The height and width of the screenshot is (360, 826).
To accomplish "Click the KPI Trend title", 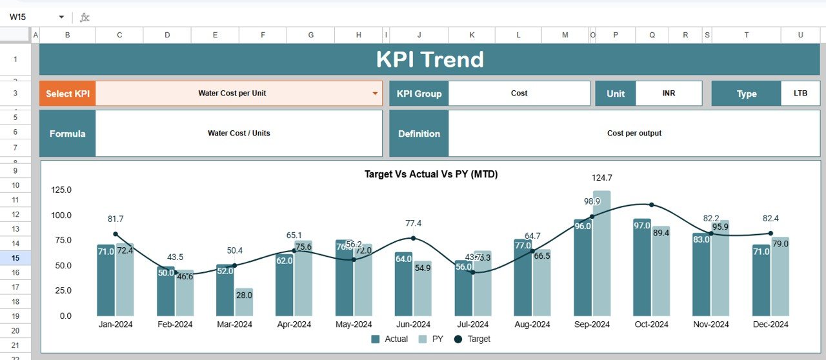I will click(430, 59).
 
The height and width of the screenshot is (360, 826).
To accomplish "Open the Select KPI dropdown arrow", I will click(375, 94).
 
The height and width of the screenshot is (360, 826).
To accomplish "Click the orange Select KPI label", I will click(67, 94).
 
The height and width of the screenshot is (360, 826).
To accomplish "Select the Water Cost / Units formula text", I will click(239, 134).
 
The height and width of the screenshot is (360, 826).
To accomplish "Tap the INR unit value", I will click(669, 94).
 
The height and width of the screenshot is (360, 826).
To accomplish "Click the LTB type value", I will click(800, 94).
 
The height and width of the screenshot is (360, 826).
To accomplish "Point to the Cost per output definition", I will click(634, 134).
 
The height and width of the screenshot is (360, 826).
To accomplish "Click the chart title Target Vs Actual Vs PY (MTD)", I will click(431, 174).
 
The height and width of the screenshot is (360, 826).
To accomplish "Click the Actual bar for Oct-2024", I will click(642, 267).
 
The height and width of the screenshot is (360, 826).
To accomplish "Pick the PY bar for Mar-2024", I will click(244, 302).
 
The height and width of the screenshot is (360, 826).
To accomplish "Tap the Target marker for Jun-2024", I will click(413, 238).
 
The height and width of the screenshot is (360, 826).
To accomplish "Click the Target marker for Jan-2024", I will click(116, 234).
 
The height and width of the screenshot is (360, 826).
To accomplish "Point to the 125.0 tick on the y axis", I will click(61, 190).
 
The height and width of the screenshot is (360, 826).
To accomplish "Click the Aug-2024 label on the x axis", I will click(532, 325).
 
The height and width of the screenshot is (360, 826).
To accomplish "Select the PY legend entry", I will click(432, 339).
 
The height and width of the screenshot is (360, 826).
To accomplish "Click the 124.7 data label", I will click(601, 178).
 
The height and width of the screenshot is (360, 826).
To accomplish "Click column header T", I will click(746, 35).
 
